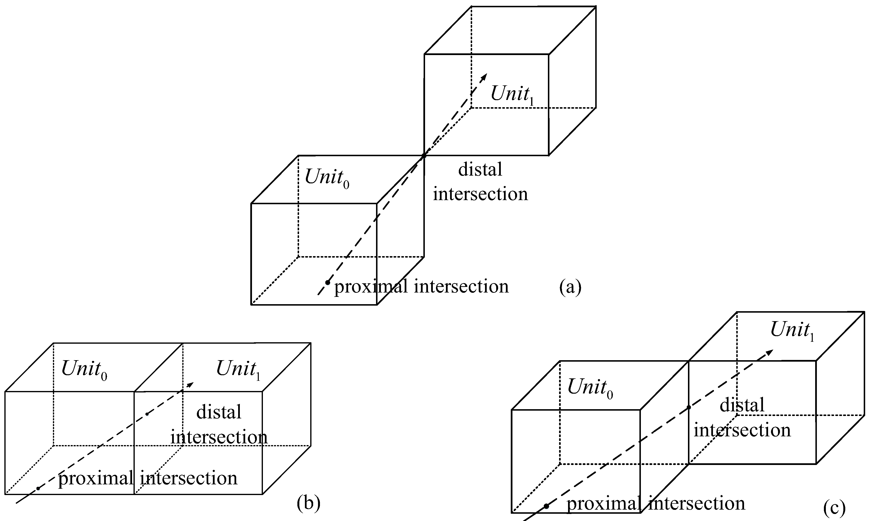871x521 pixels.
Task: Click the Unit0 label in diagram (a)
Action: (327, 178)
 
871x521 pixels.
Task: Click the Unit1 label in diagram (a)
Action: (512, 94)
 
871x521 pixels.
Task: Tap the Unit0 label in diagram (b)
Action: (84, 369)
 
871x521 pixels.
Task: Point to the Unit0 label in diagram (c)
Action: (590, 388)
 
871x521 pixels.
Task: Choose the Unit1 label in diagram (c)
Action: (792, 330)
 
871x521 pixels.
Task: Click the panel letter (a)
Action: (570, 287)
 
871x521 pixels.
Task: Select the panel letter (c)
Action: (834, 508)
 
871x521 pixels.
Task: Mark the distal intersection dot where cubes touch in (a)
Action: (424, 155)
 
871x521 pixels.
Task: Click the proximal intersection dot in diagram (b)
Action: (38, 488)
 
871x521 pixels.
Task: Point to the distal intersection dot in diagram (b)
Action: (147, 414)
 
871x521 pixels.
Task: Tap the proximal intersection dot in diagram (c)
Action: (546, 506)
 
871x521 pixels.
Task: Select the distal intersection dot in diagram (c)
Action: (689, 407)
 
